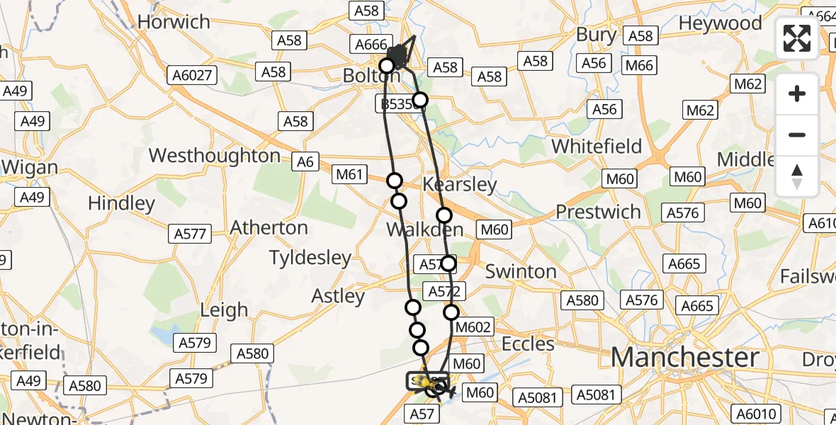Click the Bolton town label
(x=362, y=74)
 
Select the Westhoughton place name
(x=215, y=156)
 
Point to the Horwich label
(x=174, y=22)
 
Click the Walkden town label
(x=425, y=229)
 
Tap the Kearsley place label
(x=460, y=185)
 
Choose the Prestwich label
(x=599, y=212)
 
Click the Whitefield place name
(x=597, y=147)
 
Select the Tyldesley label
(x=310, y=258)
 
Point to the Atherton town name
(x=269, y=228)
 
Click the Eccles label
(x=528, y=344)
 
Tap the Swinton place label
(x=521, y=271)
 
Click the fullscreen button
(x=797, y=38)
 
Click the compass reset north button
(x=797, y=176)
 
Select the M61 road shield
(x=350, y=173)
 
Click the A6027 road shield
(x=192, y=74)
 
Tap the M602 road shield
(x=473, y=327)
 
